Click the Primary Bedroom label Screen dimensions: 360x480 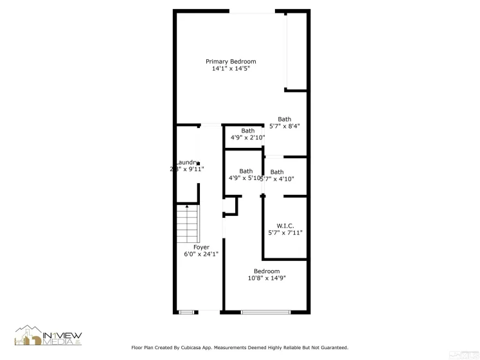tap(231, 62)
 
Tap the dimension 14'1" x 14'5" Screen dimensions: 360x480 tap(231, 68)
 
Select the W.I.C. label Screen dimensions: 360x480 tap(285, 226)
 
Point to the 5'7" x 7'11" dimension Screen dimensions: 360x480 tap(285, 233)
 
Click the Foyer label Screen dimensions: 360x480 tap(201, 247)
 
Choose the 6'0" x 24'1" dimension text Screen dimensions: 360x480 tap(201, 254)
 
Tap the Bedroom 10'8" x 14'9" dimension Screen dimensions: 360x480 tap(267, 278)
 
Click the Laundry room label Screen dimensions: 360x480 tap(186, 162)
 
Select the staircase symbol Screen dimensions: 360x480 tap(187, 223)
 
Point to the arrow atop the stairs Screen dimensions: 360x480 tap(187, 207)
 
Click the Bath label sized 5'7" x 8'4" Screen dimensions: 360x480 tap(285, 119)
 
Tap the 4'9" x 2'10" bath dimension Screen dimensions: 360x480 tap(247, 137)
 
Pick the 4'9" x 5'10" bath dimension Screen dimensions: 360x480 tap(244, 178)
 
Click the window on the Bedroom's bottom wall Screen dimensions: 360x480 tap(265, 312)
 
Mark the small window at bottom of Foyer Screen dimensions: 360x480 tap(186, 312)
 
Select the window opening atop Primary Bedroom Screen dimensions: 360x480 tap(252, 12)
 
